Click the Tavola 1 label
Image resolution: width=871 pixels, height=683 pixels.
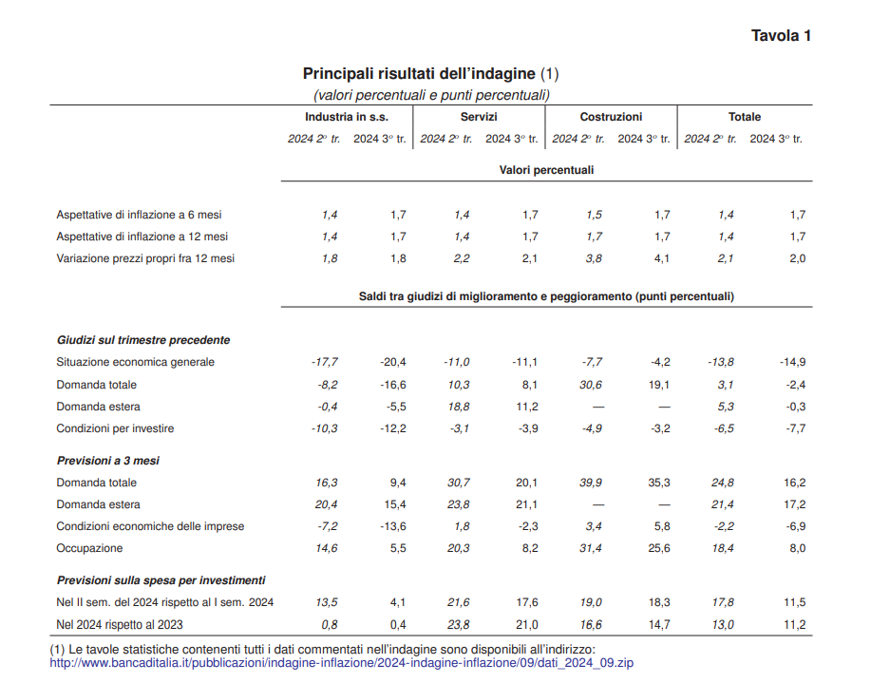point(781,36)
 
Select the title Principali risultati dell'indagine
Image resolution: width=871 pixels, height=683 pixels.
point(421,73)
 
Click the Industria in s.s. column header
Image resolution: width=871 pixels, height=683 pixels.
point(346,117)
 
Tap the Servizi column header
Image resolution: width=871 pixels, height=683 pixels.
point(479,117)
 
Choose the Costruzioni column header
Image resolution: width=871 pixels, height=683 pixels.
point(611,117)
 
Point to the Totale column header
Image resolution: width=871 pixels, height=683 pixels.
point(744,117)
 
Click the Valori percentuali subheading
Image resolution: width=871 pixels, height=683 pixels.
point(546,170)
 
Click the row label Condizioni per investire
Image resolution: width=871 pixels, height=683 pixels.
point(115,428)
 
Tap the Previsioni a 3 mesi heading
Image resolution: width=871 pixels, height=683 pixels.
point(107,461)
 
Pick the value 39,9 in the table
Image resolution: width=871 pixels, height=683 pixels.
point(591,483)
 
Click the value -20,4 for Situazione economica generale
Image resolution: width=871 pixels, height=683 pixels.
point(392,362)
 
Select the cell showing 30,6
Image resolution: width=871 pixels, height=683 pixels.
point(590,385)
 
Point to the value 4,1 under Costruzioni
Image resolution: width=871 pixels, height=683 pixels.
point(661,258)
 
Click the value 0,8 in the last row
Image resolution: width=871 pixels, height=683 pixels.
point(330,624)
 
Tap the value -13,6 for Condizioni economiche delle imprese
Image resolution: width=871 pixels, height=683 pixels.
point(392,526)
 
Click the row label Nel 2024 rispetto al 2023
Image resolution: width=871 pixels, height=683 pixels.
point(120,624)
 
